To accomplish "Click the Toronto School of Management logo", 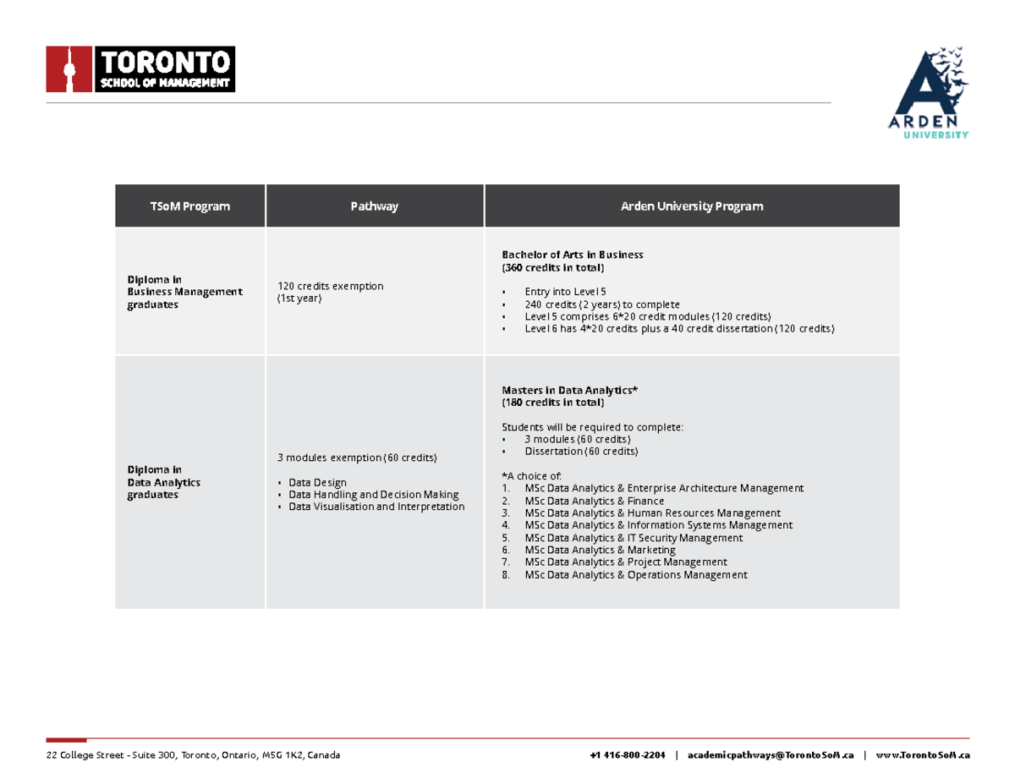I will (x=140, y=69).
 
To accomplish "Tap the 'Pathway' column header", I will (x=375, y=206).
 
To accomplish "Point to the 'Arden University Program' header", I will (x=691, y=206).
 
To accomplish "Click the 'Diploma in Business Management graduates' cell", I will (x=184, y=292).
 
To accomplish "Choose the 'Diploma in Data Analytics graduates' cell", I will (x=164, y=482).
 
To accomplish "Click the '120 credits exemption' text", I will (x=330, y=286).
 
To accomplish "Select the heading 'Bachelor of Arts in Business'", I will (x=573, y=255).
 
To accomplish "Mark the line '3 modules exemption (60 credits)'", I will (x=357, y=458).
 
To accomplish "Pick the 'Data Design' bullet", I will (x=317, y=482).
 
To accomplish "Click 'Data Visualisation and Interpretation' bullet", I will (x=376, y=507).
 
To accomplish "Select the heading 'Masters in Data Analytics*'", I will (x=569, y=390).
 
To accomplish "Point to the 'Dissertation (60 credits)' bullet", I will (x=581, y=452).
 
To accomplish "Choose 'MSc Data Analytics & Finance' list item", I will (x=594, y=501).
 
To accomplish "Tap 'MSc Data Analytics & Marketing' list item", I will (x=600, y=550).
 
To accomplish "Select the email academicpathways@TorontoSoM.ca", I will (x=771, y=754).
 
